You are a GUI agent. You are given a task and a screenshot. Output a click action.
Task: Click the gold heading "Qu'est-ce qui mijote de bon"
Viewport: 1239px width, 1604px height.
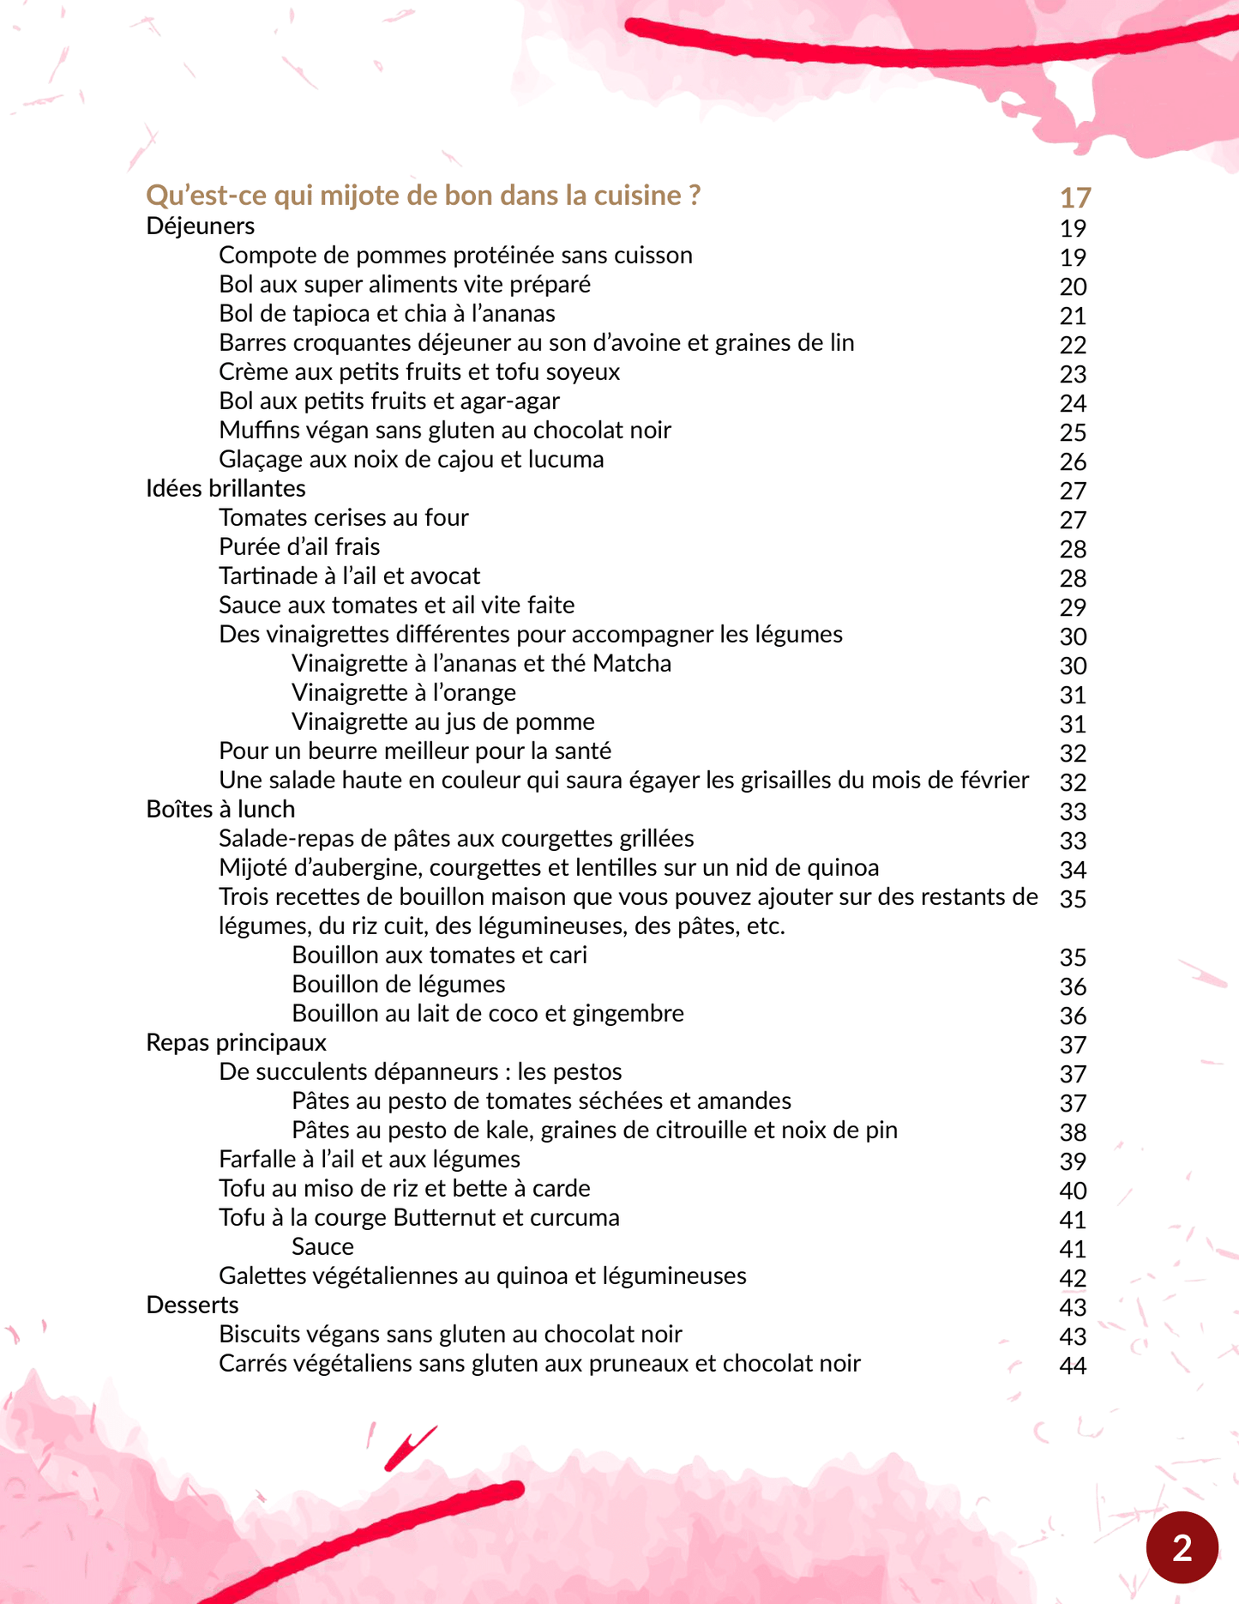(x=423, y=196)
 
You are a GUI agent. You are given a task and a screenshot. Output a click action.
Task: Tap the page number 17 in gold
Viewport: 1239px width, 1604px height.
(x=1074, y=198)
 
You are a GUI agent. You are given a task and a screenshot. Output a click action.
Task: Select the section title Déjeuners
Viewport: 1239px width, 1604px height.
(x=201, y=226)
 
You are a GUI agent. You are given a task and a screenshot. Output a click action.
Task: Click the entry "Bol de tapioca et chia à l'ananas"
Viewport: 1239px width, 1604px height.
(x=387, y=314)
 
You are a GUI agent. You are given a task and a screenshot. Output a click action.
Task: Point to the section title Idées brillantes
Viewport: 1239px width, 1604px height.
(x=226, y=489)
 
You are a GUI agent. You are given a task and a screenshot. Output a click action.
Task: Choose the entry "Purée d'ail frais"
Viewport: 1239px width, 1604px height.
(x=299, y=547)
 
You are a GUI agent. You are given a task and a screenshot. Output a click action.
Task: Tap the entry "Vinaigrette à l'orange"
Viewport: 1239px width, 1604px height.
(x=403, y=693)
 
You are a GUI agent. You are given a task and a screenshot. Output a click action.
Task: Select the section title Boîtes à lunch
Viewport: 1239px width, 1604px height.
(x=220, y=810)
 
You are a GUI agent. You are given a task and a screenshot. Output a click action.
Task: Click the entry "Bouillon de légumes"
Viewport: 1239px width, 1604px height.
(x=398, y=985)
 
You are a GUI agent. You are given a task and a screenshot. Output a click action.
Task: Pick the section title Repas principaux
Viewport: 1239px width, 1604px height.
(x=236, y=1043)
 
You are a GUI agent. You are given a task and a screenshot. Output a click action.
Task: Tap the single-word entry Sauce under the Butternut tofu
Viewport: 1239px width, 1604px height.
(x=322, y=1247)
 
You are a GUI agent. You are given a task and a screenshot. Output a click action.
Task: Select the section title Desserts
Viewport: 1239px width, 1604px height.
(x=192, y=1306)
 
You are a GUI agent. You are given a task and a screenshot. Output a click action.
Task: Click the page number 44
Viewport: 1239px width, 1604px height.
(x=1073, y=1366)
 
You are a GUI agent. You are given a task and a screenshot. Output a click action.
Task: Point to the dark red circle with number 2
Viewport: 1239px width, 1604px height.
(x=1182, y=1547)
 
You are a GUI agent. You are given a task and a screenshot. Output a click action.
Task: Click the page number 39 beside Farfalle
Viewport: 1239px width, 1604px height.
(x=1073, y=1161)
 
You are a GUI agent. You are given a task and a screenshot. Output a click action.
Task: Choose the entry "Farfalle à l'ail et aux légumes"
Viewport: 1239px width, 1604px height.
(x=369, y=1160)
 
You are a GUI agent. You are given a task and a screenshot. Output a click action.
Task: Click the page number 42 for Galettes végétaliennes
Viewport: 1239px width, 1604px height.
(x=1073, y=1278)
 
